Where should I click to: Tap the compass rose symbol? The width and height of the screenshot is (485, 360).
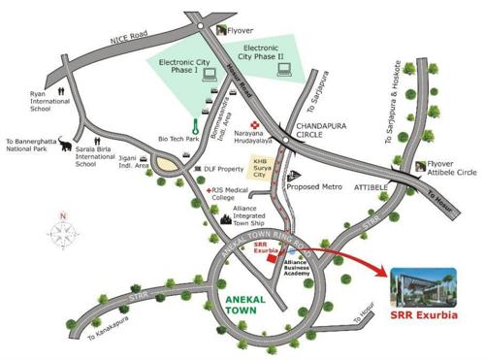(x=63, y=233)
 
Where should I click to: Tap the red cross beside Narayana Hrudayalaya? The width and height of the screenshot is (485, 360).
(x=255, y=125)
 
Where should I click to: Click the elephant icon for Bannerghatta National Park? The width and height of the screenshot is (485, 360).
(x=66, y=146)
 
